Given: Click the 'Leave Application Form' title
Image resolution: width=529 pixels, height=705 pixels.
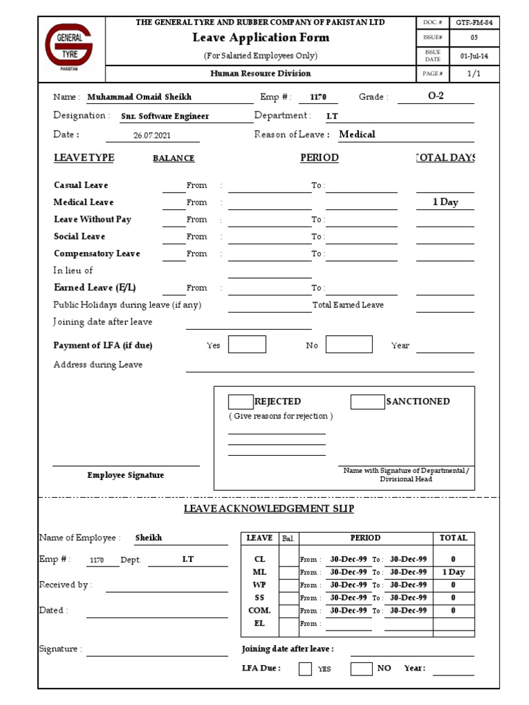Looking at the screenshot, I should tap(260, 38).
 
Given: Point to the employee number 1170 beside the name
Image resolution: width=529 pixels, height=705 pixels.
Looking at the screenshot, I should tap(319, 98).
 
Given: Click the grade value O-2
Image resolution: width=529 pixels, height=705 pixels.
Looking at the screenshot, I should tap(435, 96).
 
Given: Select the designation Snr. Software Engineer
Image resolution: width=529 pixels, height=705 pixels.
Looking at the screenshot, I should tap(165, 116).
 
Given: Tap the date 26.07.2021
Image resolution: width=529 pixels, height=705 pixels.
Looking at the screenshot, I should tap(152, 136).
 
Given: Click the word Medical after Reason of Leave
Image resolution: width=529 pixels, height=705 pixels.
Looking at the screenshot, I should tap(357, 134).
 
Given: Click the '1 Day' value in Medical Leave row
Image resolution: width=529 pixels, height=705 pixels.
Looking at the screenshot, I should tap(445, 202).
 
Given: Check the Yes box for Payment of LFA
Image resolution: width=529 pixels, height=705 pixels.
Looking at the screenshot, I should tap(247, 345).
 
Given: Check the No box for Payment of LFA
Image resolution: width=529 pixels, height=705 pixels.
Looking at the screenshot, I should tap(349, 345).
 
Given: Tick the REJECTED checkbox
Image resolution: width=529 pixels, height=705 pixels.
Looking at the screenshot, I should tap(240, 402).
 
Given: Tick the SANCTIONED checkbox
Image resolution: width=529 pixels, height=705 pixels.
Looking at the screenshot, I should tap(367, 402).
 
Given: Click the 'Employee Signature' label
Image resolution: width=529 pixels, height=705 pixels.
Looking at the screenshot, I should tap(125, 475).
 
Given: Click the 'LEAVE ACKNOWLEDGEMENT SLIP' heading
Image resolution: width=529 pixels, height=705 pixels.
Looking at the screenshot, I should tap(269, 509).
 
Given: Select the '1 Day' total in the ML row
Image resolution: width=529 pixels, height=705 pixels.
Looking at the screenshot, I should tap(453, 572).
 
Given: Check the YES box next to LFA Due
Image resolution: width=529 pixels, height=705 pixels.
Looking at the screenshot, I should tap(305, 669).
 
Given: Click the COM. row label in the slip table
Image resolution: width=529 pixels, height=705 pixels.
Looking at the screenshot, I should tap(260, 611).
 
